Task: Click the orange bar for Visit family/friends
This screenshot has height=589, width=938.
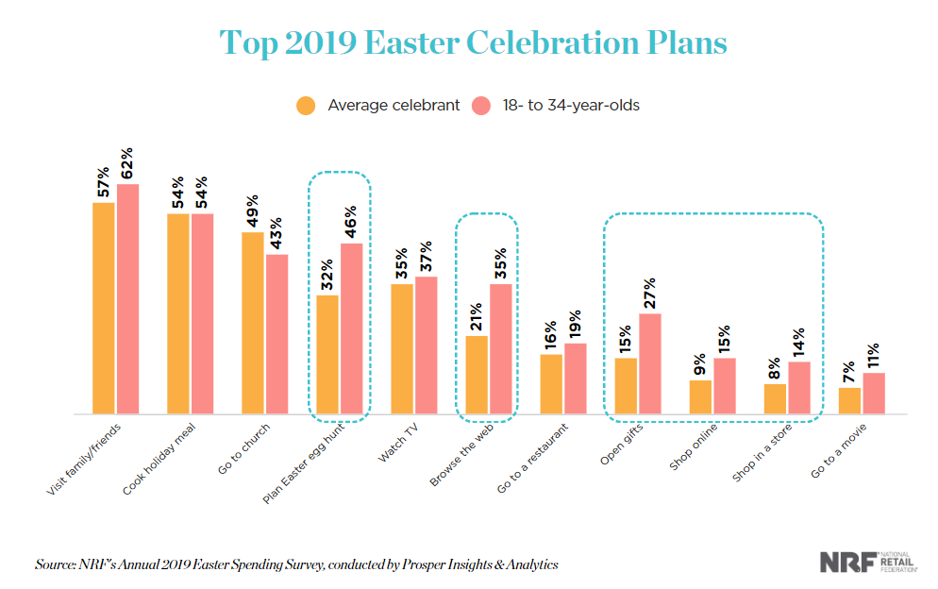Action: point(104,309)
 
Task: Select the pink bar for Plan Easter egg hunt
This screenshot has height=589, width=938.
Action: point(351,328)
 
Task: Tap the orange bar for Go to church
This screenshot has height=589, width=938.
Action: point(253,323)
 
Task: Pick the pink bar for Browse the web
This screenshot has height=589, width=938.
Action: point(501,349)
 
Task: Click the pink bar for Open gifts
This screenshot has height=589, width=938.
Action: point(650,363)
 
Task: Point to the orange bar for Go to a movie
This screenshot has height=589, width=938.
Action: point(850,401)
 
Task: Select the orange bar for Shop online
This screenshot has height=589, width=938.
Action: point(700,397)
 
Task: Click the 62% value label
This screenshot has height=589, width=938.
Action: point(127,164)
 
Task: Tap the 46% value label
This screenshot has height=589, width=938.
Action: point(351,224)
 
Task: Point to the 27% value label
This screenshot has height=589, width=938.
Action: point(650,294)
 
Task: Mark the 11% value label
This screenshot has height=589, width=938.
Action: point(874,354)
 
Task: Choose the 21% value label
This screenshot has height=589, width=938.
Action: point(477,316)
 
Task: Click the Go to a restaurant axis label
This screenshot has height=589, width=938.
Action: point(530,463)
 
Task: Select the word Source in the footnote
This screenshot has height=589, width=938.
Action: point(58,564)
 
